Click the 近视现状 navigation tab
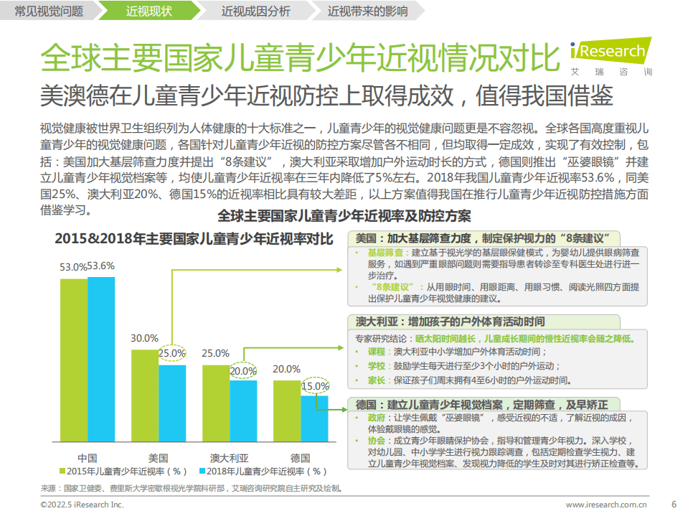(149, 11)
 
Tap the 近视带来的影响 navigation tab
(367, 11)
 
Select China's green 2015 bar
(73, 362)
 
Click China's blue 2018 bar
(100, 362)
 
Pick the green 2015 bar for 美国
(144, 398)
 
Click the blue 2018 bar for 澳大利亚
(243, 413)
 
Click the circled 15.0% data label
(314, 386)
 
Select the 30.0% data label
(144, 339)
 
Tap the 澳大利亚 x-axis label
(229, 457)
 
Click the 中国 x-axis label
(87, 457)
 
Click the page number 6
(673, 503)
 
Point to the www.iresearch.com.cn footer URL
(606, 505)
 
